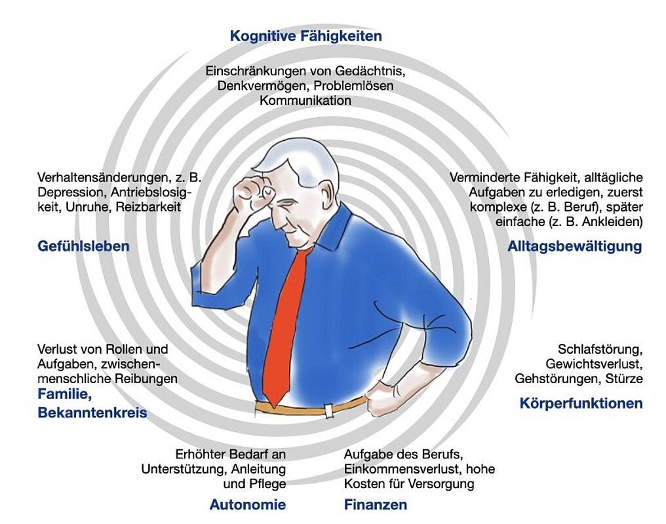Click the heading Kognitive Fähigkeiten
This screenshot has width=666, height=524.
305,36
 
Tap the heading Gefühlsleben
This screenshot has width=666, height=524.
83,247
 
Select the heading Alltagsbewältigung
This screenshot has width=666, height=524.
574,247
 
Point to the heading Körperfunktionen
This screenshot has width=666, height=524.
581,403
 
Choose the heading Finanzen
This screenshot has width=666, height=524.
375,504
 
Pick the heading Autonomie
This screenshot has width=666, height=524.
247,504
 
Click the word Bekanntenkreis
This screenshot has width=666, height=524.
92,413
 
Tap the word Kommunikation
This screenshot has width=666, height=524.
305,100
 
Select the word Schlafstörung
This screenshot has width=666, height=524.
600,348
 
